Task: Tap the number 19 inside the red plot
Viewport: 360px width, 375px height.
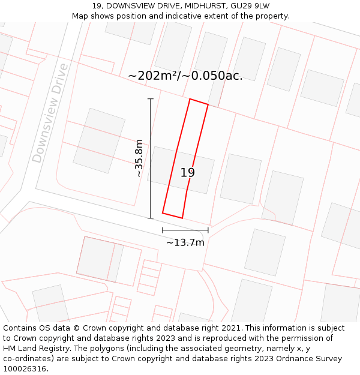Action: [188, 173]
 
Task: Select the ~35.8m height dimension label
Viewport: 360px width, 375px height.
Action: [139, 158]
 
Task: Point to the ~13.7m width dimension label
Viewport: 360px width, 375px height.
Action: [185, 242]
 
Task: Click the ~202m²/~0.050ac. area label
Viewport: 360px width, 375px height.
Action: [185, 76]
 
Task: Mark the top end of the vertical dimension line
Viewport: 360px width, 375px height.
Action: [151, 99]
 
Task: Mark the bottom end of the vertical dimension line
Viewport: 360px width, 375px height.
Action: [151, 218]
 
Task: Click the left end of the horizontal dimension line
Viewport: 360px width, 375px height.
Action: [163, 230]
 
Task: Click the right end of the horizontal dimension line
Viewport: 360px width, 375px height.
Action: [208, 230]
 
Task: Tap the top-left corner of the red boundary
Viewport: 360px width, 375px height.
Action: [190, 99]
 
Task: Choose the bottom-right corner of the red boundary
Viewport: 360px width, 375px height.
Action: [182, 218]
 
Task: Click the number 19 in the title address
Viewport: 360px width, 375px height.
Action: [97, 5]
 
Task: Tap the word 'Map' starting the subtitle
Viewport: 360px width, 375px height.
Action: [80, 16]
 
